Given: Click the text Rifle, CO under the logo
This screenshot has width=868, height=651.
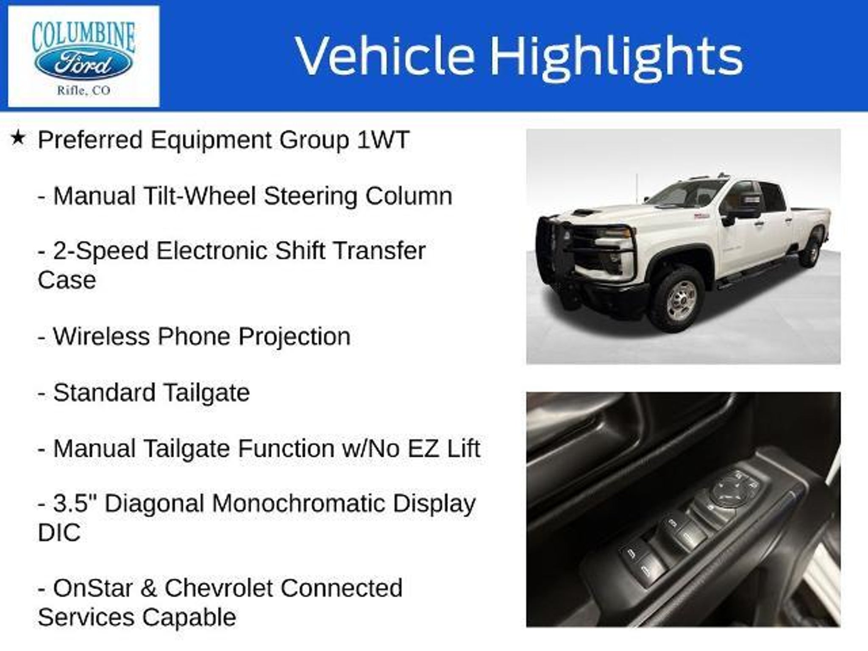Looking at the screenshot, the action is pos(83,91).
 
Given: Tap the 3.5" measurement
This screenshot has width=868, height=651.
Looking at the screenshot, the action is pos(76,504).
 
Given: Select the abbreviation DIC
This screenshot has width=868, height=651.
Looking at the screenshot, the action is pos(59,532).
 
